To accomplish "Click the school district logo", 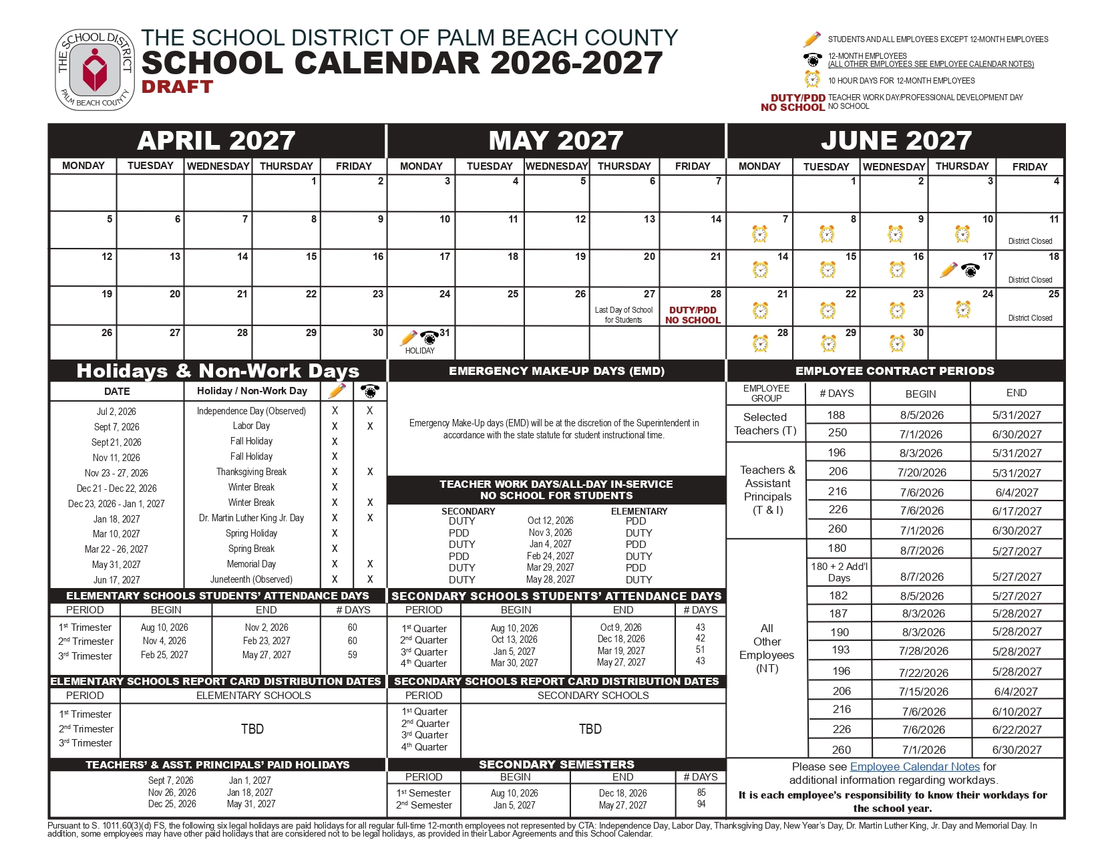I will [x=95, y=69].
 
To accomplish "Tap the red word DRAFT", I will [x=177, y=87].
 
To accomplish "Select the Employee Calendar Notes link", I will [x=914, y=766].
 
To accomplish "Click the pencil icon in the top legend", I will [x=812, y=39].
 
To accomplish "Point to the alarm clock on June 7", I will [x=759, y=234].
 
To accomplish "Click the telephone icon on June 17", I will [x=970, y=270].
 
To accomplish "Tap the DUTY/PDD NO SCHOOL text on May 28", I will [x=693, y=315].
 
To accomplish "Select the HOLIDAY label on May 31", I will [x=419, y=351].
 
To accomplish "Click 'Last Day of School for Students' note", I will [x=624, y=315].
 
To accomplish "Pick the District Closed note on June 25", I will [x=1030, y=318].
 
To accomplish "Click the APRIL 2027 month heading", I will [x=216, y=140].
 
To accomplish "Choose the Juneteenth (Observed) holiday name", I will [x=251, y=579].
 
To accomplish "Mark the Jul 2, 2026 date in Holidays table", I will [x=116, y=412].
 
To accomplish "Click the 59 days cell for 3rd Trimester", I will [x=352, y=655].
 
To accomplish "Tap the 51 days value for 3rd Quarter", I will [x=700, y=650].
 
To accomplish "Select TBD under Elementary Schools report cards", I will [x=252, y=728].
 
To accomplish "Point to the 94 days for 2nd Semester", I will [x=701, y=804].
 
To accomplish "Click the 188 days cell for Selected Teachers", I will [x=836, y=415].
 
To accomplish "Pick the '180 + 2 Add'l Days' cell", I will [x=839, y=572].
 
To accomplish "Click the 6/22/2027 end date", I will [x=1017, y=730].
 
